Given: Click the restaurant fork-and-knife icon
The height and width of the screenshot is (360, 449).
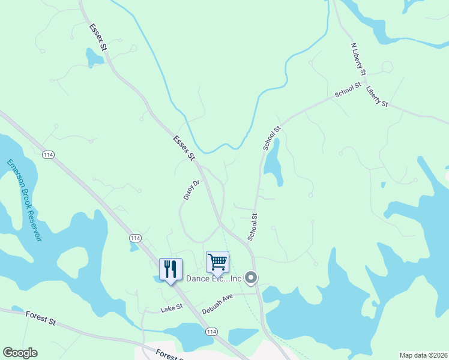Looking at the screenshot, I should pyautogui.click(x=171, y=269).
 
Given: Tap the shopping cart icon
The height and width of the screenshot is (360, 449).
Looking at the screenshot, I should pyautogui.click(x=217, y=262).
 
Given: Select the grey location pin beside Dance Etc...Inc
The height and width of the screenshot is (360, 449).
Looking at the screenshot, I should pyautogui.click(x=252, y=277).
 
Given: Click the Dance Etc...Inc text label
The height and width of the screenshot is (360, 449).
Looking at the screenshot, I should pyautogui.click(x=213, y=278).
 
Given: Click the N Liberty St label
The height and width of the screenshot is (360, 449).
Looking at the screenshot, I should pyautogui.click(x=358, y=58).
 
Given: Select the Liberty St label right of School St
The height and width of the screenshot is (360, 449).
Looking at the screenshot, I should pyautogui.click(x=376, y=95).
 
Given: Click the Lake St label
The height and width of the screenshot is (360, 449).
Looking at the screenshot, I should pyautogui.click(x=171, y=309).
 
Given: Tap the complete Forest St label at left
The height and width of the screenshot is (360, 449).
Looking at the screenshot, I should pyautogui.click(x=41, y=317).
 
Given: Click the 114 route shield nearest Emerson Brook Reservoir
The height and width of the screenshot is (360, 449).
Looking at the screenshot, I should pyautogui.click(x=49, y=155).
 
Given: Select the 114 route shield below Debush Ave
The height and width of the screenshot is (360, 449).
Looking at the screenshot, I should pyautogui.click(x=211, y=332).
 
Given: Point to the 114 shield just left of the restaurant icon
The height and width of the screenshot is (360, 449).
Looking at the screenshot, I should pyautogui.click(x=135, y=238).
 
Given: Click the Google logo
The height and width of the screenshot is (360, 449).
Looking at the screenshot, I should pyautogui.click(x=20, y=353).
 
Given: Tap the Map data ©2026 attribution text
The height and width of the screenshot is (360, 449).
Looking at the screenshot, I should pyautogui.click(x=423, y=355).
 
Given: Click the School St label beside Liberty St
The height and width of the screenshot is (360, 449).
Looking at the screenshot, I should pyautogui.click(x=348, y=89).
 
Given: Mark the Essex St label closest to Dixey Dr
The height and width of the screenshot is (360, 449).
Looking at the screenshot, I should pyautogui.click(x=184, y=148).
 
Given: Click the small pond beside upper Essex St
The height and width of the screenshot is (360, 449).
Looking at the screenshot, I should pyautogui.click(x=94, y=57).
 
